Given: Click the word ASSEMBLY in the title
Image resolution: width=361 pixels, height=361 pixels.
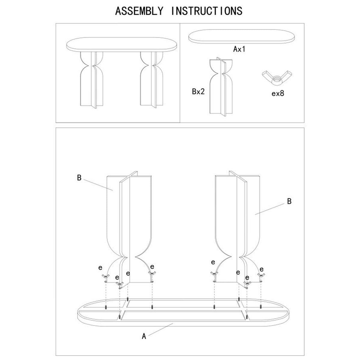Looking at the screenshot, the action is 139,11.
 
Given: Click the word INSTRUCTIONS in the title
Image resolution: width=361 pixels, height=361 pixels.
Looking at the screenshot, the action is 207,11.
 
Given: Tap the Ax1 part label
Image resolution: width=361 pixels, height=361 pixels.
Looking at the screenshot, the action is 239,49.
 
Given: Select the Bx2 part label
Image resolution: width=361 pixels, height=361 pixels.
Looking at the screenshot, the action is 198,91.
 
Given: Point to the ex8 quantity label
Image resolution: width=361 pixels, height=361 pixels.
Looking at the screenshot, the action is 278,93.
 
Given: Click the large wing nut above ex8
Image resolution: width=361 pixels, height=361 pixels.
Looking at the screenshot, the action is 277,78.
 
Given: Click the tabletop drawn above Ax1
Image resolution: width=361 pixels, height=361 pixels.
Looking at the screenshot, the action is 242,36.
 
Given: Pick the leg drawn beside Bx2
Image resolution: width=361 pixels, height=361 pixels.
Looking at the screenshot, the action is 221,86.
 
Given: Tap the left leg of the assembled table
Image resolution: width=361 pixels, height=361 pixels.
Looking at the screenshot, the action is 92,80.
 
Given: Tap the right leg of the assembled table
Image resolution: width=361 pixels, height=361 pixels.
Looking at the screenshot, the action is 152,80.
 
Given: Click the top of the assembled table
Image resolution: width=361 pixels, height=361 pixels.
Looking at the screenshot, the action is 122,45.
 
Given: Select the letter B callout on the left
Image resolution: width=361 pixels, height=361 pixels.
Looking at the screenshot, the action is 79,177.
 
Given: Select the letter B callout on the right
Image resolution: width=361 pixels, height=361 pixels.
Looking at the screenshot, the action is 289,201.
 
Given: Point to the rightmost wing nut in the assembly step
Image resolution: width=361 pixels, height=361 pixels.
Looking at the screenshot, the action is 261,275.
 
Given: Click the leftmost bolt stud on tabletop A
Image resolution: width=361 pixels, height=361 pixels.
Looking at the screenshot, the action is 106,307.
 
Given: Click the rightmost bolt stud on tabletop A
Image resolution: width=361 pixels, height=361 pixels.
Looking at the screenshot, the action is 261,307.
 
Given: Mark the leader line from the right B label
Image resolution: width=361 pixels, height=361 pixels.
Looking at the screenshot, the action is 269,209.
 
